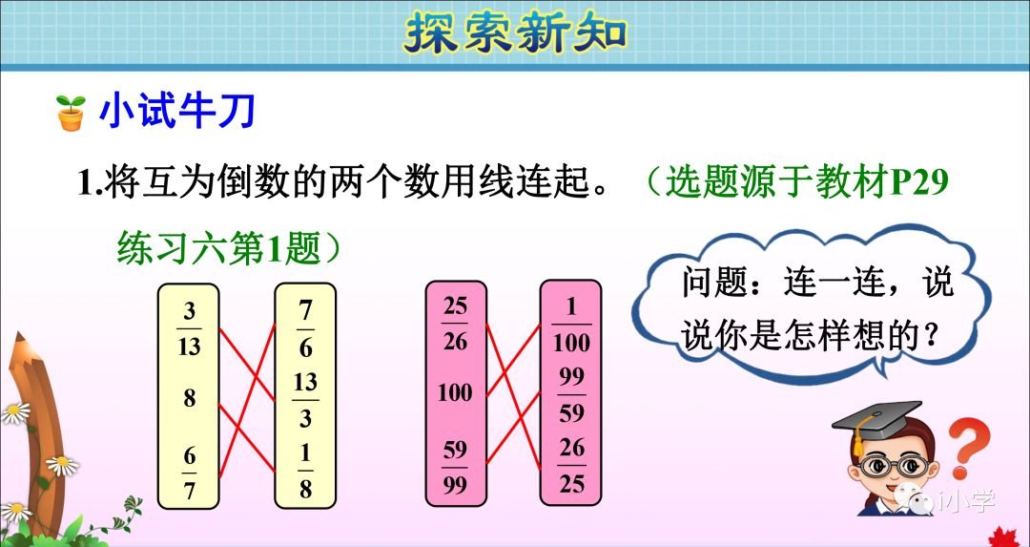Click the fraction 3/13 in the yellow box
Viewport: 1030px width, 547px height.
click(189, 328)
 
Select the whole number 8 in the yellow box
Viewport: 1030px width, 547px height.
click(189, 398)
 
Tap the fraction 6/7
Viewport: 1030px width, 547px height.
click(189, 471)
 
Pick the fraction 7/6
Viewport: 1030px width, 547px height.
click(305, 328)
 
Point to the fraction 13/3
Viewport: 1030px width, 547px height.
click(305, 400)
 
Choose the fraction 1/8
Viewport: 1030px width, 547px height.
click(305, 472)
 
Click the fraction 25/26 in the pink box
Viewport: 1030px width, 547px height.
click(456, 324)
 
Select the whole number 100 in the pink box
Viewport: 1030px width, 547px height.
click(456, 392)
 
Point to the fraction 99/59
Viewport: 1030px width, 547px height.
click(571, 394)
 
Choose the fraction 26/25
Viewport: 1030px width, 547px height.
click(571, 466)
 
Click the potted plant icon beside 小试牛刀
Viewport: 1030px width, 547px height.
click(71, 114)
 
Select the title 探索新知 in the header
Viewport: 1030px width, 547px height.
click(515, 33)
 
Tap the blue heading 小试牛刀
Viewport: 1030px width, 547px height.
click(177, 113)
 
